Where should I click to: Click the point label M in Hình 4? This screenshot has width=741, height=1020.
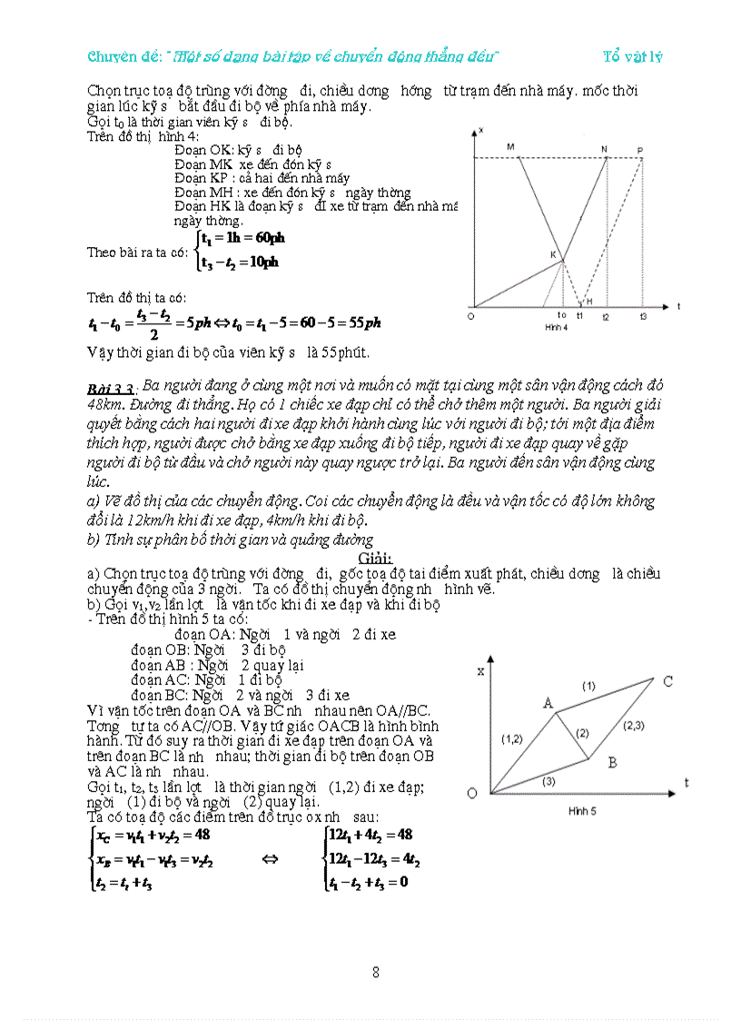tap(509, 146)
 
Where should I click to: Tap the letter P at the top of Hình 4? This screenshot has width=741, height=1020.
tap(640, 150)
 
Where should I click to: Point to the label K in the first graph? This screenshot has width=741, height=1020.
tap(552, 255)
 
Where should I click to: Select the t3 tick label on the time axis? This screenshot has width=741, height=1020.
tap(643, 315)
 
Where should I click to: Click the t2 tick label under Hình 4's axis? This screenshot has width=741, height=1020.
tap(606, 315)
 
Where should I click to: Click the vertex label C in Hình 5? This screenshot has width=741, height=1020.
tap(667, 681)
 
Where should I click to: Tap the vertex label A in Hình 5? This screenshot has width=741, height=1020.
tap(548, 701)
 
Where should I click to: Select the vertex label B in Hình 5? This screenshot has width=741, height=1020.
tap(612, 762)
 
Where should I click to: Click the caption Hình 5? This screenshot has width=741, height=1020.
tap(581, 810)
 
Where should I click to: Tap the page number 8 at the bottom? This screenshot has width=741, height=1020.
tap(376, 972)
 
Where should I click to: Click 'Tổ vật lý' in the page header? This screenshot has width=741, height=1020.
tap(632, 56)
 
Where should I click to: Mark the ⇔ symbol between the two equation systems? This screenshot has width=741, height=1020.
tap(269, 857)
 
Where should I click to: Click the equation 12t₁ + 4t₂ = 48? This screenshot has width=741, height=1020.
tap(370, 835)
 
